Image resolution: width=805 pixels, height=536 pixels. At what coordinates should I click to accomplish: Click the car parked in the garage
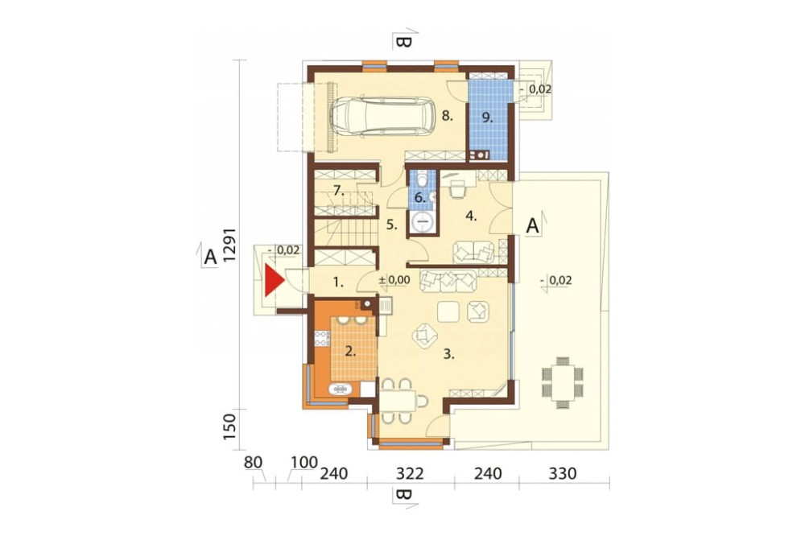(382, 116)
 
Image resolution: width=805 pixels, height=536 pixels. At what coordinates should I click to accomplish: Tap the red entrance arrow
(275, 282)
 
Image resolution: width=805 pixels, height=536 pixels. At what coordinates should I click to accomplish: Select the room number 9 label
(486, 116)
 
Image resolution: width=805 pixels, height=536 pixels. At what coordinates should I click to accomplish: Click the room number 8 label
(448, 116)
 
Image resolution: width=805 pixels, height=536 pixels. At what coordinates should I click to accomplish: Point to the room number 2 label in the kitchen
(349, 350)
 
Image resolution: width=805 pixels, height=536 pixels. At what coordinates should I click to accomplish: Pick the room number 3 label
(449, 353)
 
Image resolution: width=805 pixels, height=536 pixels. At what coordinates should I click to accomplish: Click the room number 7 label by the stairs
(339, 191)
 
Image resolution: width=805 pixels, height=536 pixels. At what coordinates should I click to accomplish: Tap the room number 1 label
(339, 283)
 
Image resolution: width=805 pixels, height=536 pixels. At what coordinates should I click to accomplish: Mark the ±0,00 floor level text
(394, 280)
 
